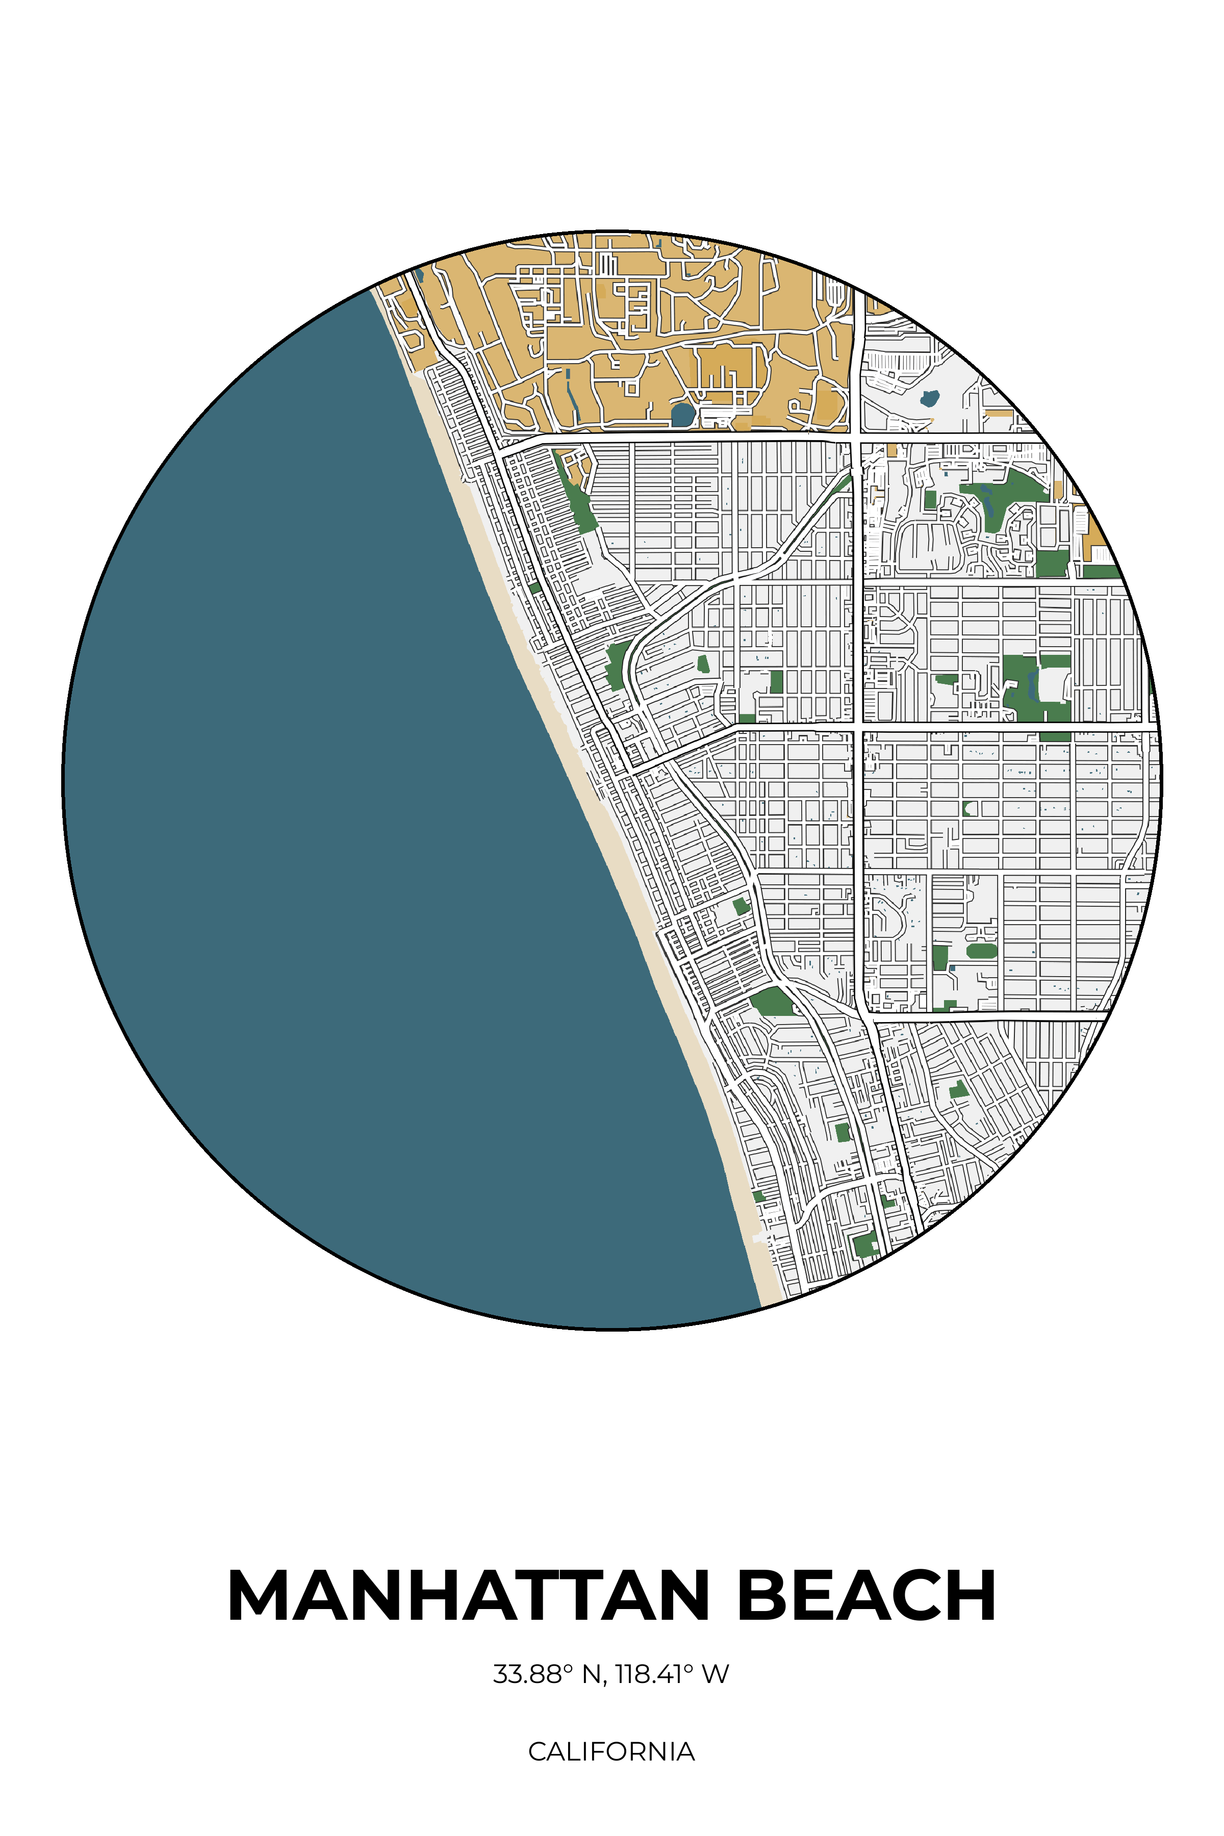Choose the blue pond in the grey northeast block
point(929,399)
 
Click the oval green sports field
point(981,951)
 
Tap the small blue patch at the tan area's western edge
point(420,275)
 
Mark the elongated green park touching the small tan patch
point(578,500)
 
